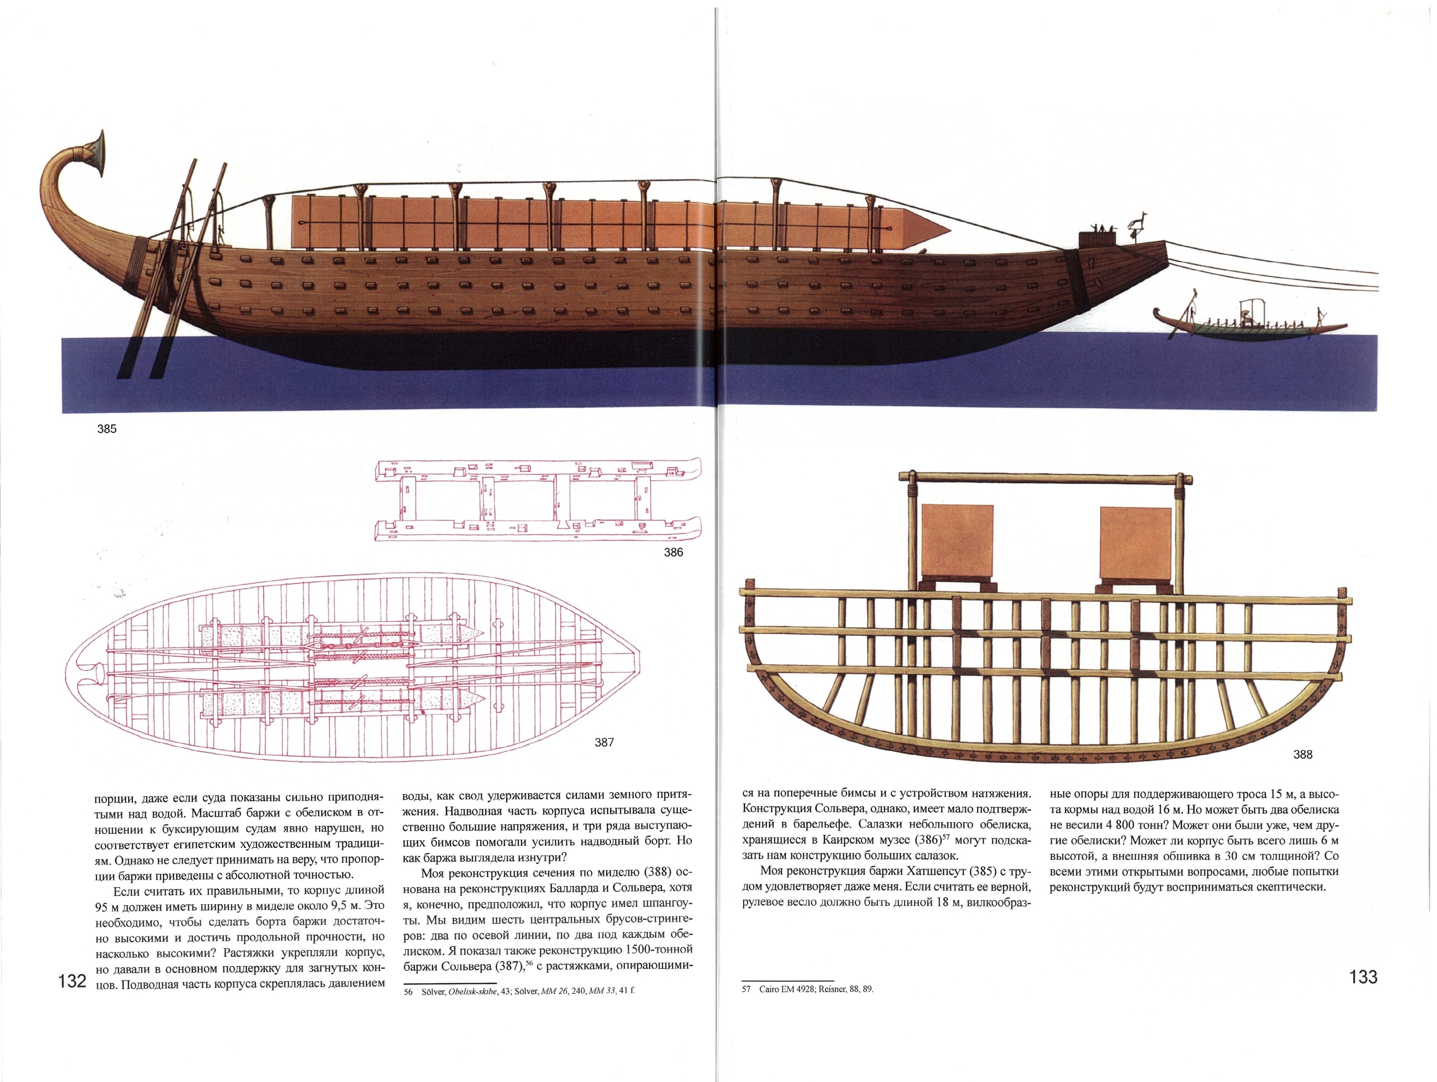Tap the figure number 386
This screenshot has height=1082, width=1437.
pos(673,553)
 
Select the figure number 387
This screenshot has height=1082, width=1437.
pos(604,742)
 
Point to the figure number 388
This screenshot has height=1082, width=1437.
pos(1302,755)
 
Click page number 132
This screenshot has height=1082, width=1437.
pos(72,981)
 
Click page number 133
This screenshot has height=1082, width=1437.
pos(1363,977)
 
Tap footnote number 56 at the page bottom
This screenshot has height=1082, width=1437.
pos(408,992)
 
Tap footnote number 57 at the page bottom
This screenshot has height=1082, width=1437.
pos(746,989)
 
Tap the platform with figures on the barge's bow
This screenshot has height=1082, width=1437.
pos(1097,237)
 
